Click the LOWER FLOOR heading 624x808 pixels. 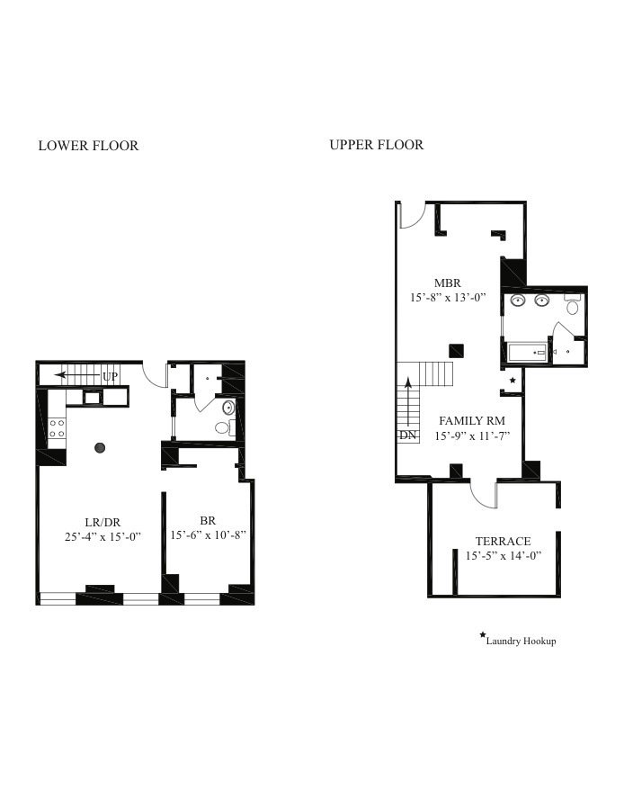coord(88,146)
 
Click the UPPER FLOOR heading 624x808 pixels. coord(376,145)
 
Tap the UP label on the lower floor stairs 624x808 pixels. coord(110,375)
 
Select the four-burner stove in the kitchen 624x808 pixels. coord(57,428)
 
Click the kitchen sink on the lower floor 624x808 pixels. coord(92,396)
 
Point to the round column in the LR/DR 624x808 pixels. coord(100,447)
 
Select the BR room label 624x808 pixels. coord(208,519)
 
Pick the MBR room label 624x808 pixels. coord(447,283)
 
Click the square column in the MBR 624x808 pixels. coord(456,350)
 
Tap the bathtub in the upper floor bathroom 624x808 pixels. coord(524,352)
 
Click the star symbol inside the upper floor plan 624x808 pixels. coord(513,381)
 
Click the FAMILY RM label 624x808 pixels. coord(471,420)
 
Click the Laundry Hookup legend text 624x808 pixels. coord(521,641)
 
